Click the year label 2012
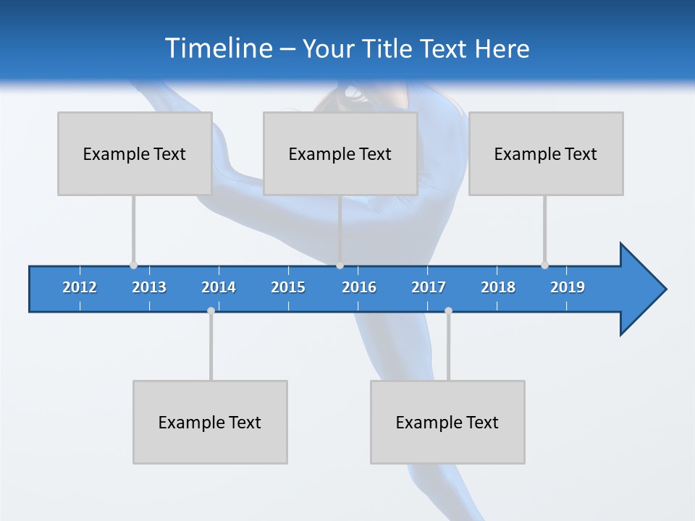80,287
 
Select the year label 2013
149,287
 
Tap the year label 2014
219,287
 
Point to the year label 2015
288,287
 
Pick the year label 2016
359,287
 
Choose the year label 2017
429,287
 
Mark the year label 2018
498,287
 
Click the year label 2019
568,287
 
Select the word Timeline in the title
218,48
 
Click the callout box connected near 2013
135,153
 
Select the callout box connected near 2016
340,153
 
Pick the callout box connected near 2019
546,153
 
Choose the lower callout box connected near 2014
210,422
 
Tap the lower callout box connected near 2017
447,422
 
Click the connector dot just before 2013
133,265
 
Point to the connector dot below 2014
211,310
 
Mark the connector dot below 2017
448,310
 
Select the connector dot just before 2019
544,265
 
